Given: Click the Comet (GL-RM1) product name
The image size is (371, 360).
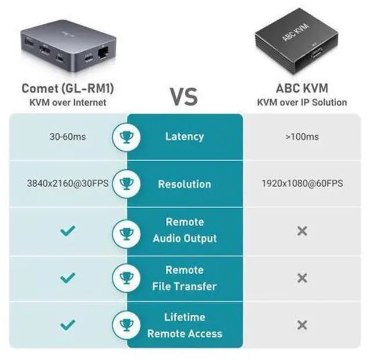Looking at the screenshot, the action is tap(67, 88).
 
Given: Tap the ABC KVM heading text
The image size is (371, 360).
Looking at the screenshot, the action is tap(301, 88).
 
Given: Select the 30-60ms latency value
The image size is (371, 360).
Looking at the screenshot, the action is tap(67, 137).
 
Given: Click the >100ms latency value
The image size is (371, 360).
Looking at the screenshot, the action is tap(301, 137).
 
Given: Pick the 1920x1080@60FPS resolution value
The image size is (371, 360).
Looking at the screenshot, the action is tap(302, 184).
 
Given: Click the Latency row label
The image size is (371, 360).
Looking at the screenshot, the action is tap(184, 137).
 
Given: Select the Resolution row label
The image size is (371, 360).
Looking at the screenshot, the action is tap(184, 184).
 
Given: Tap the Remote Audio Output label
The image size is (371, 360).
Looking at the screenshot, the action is tap(184, 230).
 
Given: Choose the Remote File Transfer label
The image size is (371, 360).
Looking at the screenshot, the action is tap(184, 278).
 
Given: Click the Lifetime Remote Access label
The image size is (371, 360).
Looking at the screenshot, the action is tap(184, 325).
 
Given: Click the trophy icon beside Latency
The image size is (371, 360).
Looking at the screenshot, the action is tap(126, 137).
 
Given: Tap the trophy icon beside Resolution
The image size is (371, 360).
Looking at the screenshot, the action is tap(126, 184).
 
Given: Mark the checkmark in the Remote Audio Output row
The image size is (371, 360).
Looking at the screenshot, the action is tap(68, 231).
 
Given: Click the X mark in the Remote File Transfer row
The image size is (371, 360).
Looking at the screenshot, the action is tap(301, 278).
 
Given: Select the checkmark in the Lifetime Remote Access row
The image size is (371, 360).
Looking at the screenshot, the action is tap(68, 325).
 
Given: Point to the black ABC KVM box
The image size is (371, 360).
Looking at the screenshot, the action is tap(297, 43).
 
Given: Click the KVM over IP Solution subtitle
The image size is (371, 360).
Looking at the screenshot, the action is tap(302, 103).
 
